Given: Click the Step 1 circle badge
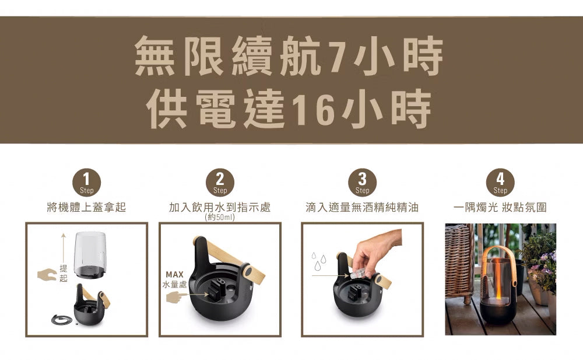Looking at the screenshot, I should tap(86, 182).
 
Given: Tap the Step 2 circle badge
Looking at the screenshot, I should tap(220, 182).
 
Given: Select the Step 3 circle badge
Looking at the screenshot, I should tap(362, 182).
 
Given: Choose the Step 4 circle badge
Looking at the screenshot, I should tap(500, 182).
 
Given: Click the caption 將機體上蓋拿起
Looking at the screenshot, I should tap(86, 208).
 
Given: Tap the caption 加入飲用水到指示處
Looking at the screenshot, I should tap(220, 208).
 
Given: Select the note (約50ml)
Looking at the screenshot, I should tap(220, 218).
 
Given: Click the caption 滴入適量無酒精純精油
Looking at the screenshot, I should tap(362, 208).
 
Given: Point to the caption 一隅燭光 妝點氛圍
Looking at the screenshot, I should tap(500, 208).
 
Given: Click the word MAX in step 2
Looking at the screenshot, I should tap(174, 274).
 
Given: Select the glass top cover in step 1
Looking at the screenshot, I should tap(90, 254).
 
